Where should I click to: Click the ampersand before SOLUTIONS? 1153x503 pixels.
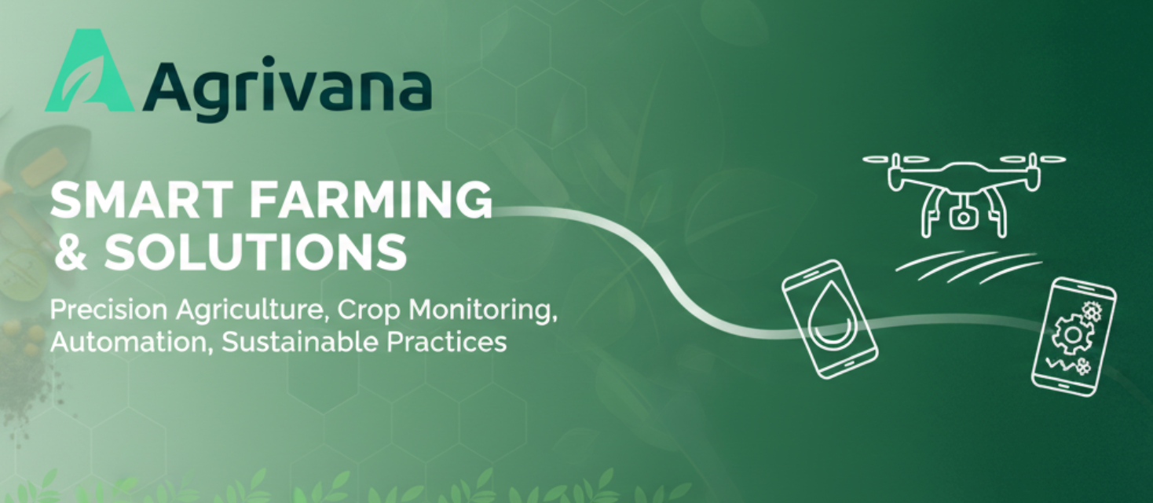coord(71,251)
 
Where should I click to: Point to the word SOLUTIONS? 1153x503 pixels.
coord(256,251)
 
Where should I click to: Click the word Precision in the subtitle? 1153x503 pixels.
coord(108,310)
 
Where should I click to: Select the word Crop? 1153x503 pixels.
coord(368,311)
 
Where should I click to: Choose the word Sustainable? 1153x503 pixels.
coord(299,341)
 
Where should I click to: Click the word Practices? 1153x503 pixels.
coord(447,341)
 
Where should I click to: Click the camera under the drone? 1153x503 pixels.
coord(963,216)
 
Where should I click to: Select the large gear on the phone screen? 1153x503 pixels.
coord(1071,334)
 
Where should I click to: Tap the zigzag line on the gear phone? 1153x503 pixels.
coord(1060,365)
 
